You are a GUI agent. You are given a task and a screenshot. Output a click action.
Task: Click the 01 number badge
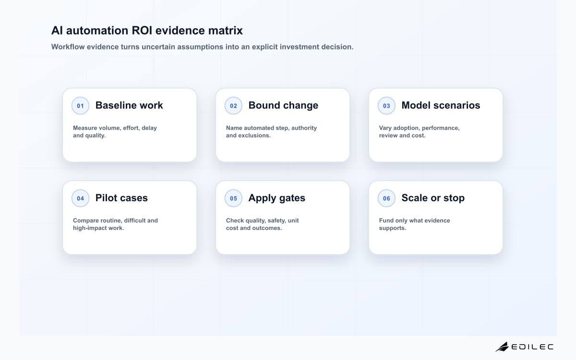pyautogui.click(x=80, y=106)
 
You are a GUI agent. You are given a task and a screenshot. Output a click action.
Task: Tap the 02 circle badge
pyautogui.click(x=233, y=106)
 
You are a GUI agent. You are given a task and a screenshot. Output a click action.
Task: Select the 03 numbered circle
pyautogui.click(x=386, y=106)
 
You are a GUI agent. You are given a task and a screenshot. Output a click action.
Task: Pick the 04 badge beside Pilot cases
pyautogui.click(x=80, y=198)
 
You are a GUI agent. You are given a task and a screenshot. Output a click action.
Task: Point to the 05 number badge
pyautogui.click(x=233, y=198)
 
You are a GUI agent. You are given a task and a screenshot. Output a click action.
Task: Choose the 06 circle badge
pyautogui.click(x=386, y=198)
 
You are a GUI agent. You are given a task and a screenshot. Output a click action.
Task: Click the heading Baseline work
pyautogui.click(x=129, y=105)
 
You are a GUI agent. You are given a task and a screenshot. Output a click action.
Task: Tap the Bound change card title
pyautogui.click(x=283, y=106)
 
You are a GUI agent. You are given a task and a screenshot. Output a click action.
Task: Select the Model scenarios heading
pyautogui.click(x=441, y=105)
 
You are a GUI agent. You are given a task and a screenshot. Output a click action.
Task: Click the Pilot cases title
pyautogui.click(x=121, y=198)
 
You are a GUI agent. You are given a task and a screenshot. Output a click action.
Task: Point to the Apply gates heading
pyautogui.click(x=276, y=198)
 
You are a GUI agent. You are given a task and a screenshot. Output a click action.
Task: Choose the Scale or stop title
pyautogui.click(x=433, y=198)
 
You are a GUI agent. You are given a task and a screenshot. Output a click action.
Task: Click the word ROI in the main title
pyautogui.click(x=142, y=30)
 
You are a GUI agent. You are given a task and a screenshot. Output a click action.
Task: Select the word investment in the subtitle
pyautogui.click(x=297, y=47)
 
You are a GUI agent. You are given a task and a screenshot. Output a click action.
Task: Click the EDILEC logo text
pyautogui.click(x=532, y=347)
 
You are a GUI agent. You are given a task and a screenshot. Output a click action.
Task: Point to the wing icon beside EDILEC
pyautogui.click(x=502, y=347)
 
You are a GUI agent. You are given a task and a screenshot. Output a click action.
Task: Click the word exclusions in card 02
pyautogui.click(x=254, y=135)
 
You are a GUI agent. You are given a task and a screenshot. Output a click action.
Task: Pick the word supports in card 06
pyautogui.click(x=393, y=228)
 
